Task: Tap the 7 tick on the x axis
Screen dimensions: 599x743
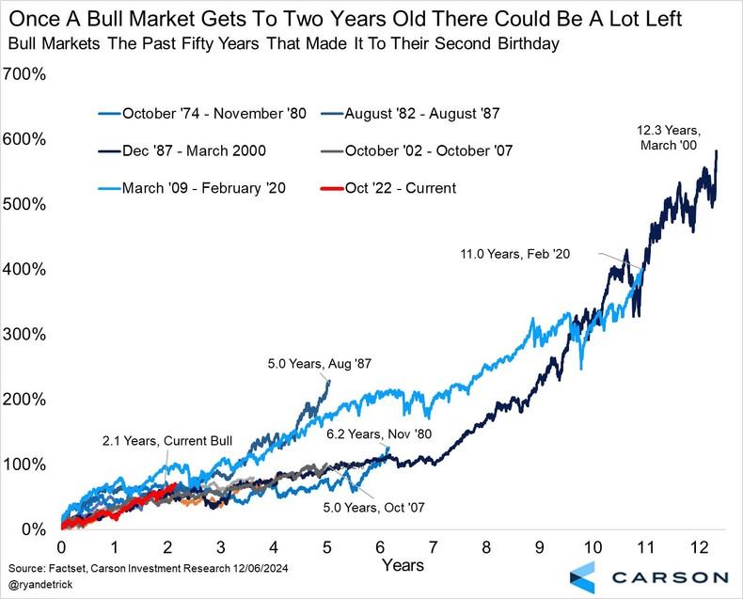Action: click(434, 548)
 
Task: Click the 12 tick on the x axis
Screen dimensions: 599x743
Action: click(698, 548)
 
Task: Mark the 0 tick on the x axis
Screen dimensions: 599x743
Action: click(62, 548)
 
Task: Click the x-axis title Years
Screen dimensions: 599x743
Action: click(403, 565)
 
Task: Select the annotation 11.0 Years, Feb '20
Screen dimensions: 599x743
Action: click(515, 253)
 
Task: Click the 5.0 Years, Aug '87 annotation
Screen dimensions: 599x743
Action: click(306, 365)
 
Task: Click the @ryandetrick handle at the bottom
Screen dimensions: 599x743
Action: click(38, 586)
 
